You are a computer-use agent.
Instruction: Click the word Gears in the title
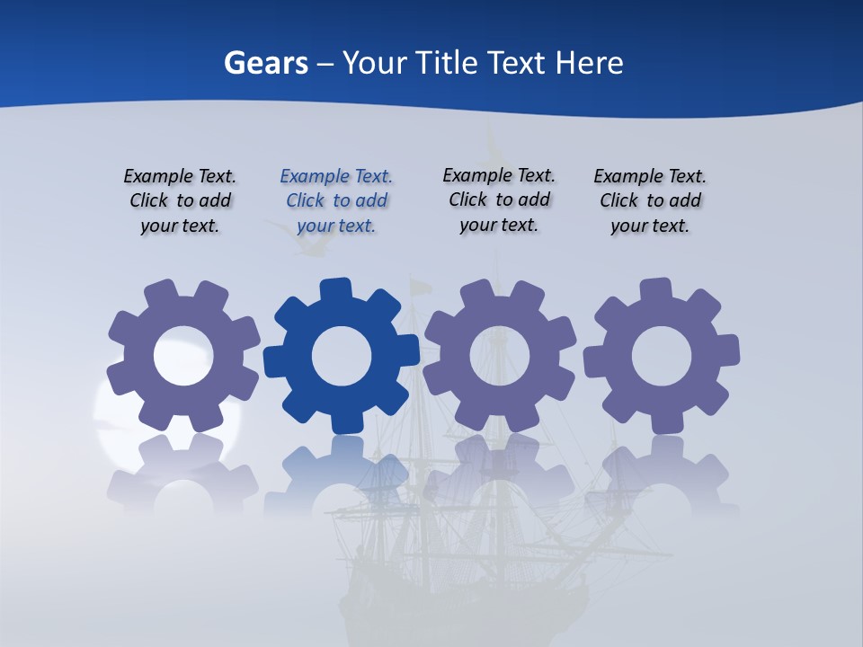(x=266, y=63)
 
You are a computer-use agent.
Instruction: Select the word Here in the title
(x=589, y=63)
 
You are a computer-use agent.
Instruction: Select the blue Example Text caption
(x=336, y=200)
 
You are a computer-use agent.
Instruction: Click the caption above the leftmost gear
(x=180, y=200)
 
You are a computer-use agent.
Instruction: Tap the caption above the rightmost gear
(x=650, y=200)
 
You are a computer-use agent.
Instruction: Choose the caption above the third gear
(x=499, y=199)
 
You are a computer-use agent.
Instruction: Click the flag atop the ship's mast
(x=420, y=288)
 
